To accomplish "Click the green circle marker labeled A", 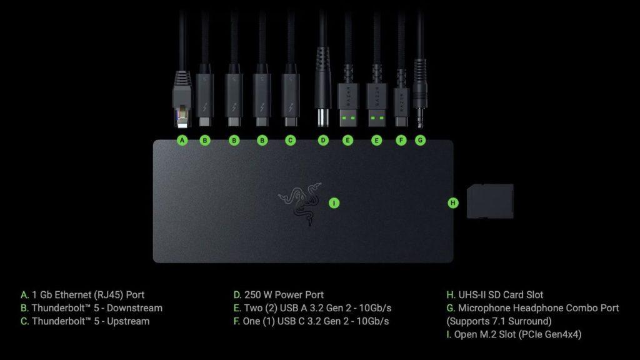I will click(182, 141).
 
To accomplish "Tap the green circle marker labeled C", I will click(290, 141).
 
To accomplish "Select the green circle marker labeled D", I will click(323, 141).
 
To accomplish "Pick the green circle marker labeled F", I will click(401, 141).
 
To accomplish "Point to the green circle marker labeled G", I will click(420, 141).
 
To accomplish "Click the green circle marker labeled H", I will click(453, 202).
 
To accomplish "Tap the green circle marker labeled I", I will click(334, 202).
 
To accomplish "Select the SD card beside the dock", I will click(490, 201).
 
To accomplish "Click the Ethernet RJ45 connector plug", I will click(182, 103).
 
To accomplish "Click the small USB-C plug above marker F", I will click(401, 103).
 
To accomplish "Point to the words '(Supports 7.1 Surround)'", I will click(499, 321).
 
